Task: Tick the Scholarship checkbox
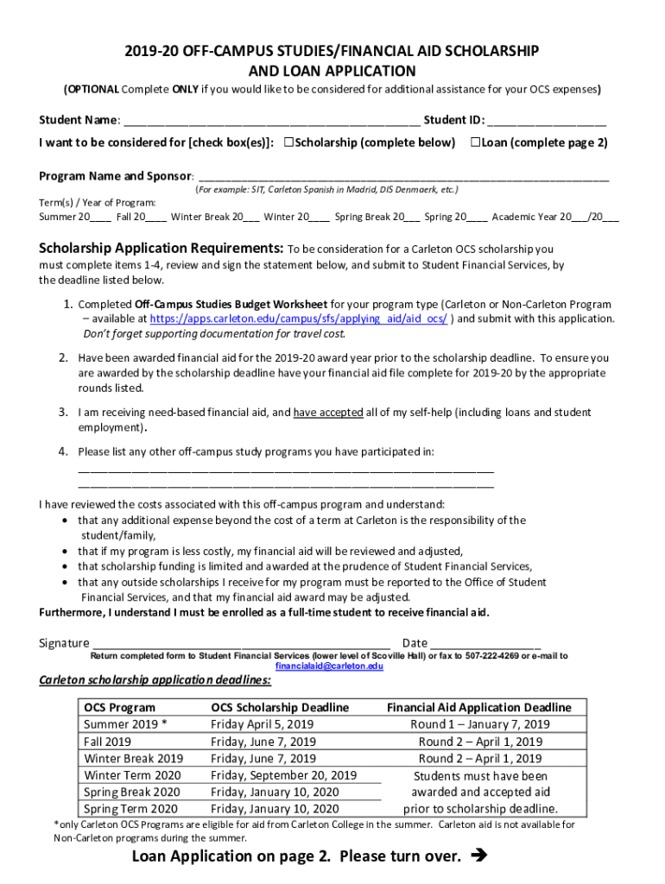point(289,142)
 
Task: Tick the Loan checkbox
point(475,142)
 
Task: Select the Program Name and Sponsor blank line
point(402,177)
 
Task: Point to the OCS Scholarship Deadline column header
point(280,708)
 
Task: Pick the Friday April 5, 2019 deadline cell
point(263,724)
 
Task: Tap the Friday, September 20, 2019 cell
point(283,775)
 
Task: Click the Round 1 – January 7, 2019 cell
point(480,724)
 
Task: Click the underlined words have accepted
point(328,413)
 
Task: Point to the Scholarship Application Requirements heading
point(161,249)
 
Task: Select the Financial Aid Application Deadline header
point(478,708)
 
